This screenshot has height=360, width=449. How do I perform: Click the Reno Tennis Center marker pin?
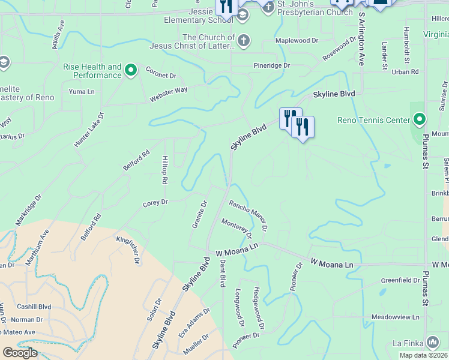(418, 120)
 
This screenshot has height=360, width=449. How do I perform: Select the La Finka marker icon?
(433, 343)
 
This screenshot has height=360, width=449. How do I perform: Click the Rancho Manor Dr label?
(247, 215)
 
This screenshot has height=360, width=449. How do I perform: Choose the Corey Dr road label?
(155, 203)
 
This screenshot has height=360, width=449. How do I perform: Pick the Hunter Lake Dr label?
(89, 130)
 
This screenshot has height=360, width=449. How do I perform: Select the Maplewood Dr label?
(296, 40)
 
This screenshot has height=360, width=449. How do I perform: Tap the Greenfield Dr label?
(400, 280)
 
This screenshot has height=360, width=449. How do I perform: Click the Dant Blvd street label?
(222, 272)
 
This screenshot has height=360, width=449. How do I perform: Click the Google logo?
(20, 353)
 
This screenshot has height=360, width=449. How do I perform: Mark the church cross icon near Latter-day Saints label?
(243, 41)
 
